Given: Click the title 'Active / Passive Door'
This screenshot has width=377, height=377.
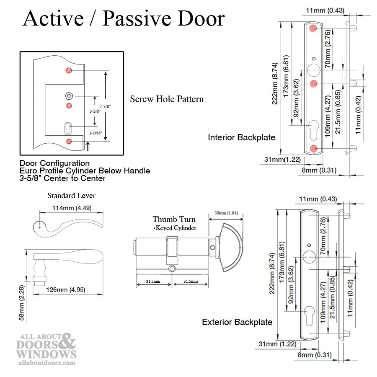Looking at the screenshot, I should (x=124, y=19).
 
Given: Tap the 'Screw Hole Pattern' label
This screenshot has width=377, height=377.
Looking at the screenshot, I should (x=167, y=99).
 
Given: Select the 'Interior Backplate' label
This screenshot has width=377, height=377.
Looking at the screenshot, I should (x=242, y=137).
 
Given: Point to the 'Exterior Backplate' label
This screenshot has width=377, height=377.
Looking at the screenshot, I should (x=237, y=322).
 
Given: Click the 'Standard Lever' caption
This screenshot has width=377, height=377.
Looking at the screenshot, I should (x=71, y=196).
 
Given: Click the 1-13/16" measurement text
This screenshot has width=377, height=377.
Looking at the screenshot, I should (x=95, y=133).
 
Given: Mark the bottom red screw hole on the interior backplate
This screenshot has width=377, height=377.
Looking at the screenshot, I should (x=314, y=148).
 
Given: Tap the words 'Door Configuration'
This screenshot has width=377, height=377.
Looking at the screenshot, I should (x=54, y=163).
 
